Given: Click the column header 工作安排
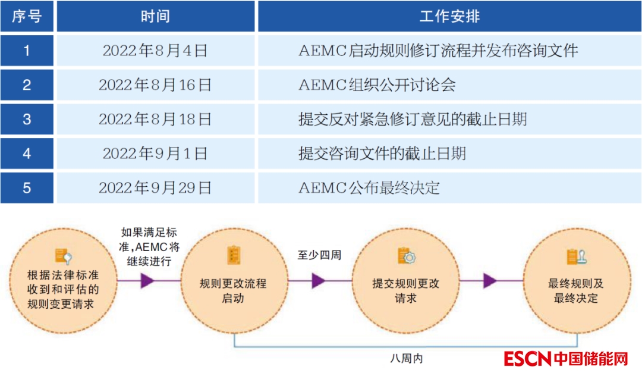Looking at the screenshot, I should pyautogui.click(x=449, y=16).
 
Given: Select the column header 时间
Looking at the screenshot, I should pyautogui.click(x=155, y=16).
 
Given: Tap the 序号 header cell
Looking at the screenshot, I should pyautogui.click(x=27, y=16).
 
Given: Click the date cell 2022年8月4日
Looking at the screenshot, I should pyautogui.click(x=155, y=51).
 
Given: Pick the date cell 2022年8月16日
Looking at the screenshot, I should pyautogui.click(x=155, y=85).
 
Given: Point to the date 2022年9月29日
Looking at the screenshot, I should pyautogui.click(x=155, y=188).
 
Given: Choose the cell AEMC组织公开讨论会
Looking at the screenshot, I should pyautogui.click(x=377, y=85).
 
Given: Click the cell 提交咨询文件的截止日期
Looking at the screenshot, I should pyautogui.click(x=382, y=153).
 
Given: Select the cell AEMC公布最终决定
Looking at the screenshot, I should pyautogui.click(x=369, y=188).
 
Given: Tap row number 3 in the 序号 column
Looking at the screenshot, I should pyautogui.click(x=27, y=119).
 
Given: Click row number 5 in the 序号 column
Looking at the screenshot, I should pyautogui.click(x=27, y=188).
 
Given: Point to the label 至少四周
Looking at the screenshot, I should pyautogui.click(x=319, y=255).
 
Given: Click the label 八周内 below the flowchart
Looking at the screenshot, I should pyautogui.click(x=407, y=359).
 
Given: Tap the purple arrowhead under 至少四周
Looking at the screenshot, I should pyautogui.click(x=319, y=281).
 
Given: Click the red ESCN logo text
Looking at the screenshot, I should pyautogui.click(x=527, y=359).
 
